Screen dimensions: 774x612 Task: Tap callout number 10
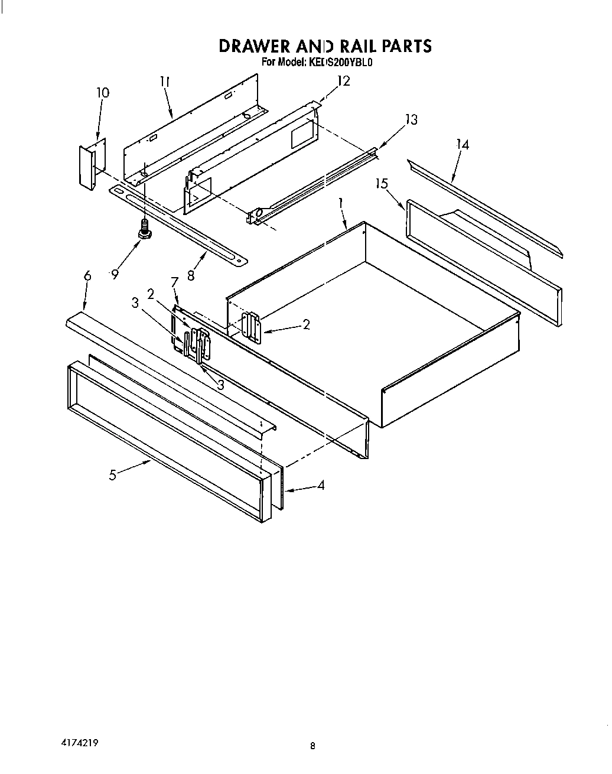pos(102,93)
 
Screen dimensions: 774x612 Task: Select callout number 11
pos(165,83)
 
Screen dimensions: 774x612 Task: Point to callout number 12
pos(343,82)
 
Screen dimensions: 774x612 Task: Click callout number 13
pos(411,120)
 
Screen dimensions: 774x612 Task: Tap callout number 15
pos(382,184)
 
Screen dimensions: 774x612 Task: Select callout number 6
pos(87,276)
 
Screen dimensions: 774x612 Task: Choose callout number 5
pos(113,474)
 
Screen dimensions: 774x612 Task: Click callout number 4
pos(321,486)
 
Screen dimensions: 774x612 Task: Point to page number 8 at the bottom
pos(312,746)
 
